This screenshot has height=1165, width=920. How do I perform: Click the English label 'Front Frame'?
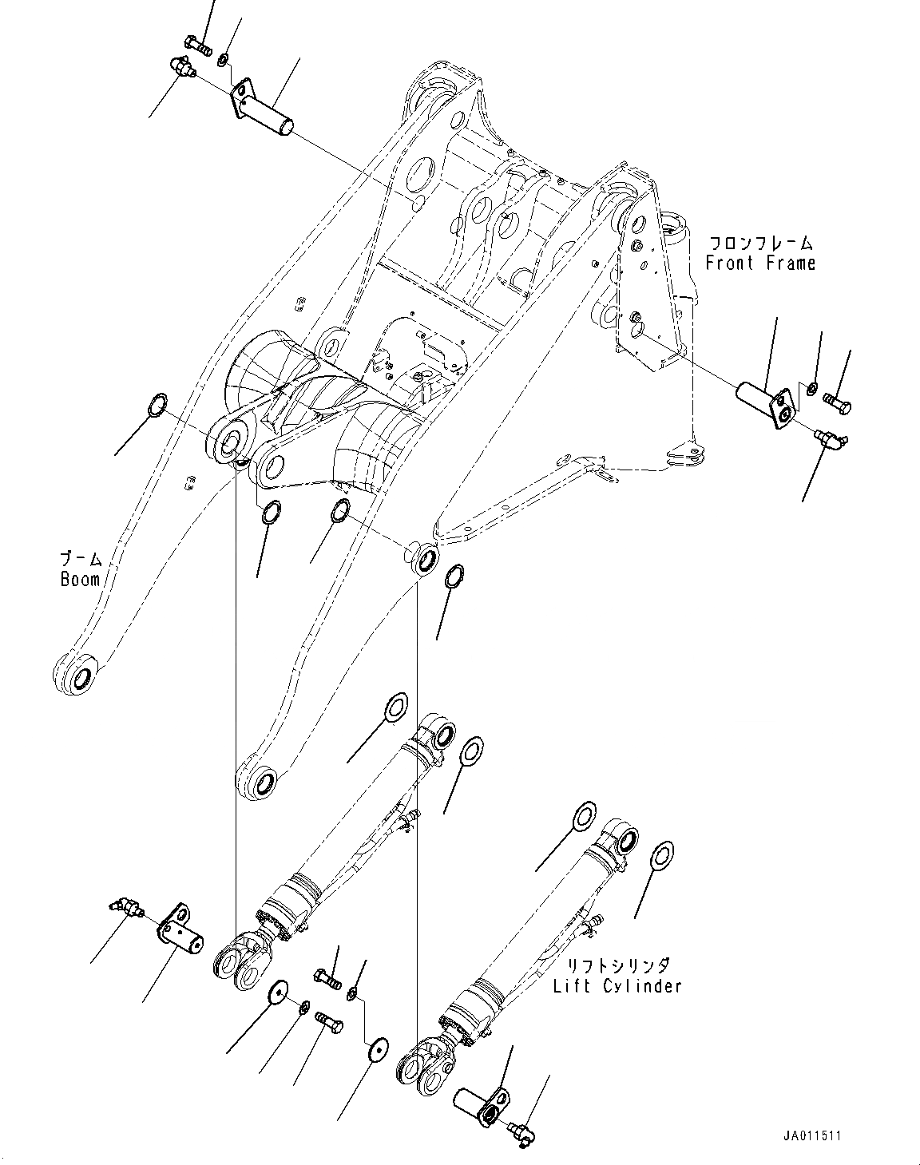(759, 263)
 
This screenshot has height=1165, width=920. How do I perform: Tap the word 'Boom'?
(80, 579)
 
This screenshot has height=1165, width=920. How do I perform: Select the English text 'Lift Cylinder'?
(617, 986)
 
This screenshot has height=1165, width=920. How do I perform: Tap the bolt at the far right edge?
(835, 404)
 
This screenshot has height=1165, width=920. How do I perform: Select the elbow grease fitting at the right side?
(831, 437)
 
